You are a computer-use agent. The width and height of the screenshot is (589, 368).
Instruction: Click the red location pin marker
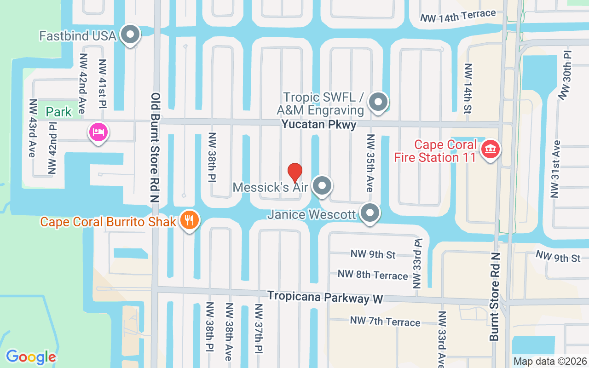[294, 172]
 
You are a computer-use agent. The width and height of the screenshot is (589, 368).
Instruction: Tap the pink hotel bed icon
[98, 132]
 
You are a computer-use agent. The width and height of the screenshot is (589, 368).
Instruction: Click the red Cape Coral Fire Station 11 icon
[491, 149]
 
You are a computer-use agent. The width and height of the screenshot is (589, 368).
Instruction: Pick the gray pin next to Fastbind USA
[130, 35]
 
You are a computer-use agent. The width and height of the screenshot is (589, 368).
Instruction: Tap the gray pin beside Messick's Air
[322, 186]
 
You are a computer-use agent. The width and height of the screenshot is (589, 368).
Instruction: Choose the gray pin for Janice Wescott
[370, 213]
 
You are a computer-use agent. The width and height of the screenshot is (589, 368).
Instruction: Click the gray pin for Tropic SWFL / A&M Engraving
[379, 103]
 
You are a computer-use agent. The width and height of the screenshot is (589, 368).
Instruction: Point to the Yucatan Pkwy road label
[319, 124]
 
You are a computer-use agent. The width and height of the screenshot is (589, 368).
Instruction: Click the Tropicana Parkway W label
[325, 297]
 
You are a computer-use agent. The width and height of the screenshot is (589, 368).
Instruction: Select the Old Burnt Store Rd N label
[155, 147]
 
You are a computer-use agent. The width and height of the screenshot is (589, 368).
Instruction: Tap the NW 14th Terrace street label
[458, 15]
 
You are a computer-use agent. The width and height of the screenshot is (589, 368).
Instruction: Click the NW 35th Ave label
[370, 163]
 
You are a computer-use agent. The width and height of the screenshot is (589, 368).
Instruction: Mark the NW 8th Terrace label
[373, 275]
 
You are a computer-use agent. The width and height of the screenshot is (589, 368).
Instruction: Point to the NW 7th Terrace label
[385, 321]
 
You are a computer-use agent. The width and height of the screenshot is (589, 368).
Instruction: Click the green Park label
[59, 112]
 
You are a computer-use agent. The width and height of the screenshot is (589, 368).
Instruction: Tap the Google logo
[31, 356]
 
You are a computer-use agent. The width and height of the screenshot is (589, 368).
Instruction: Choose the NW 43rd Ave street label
[32, 128]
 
